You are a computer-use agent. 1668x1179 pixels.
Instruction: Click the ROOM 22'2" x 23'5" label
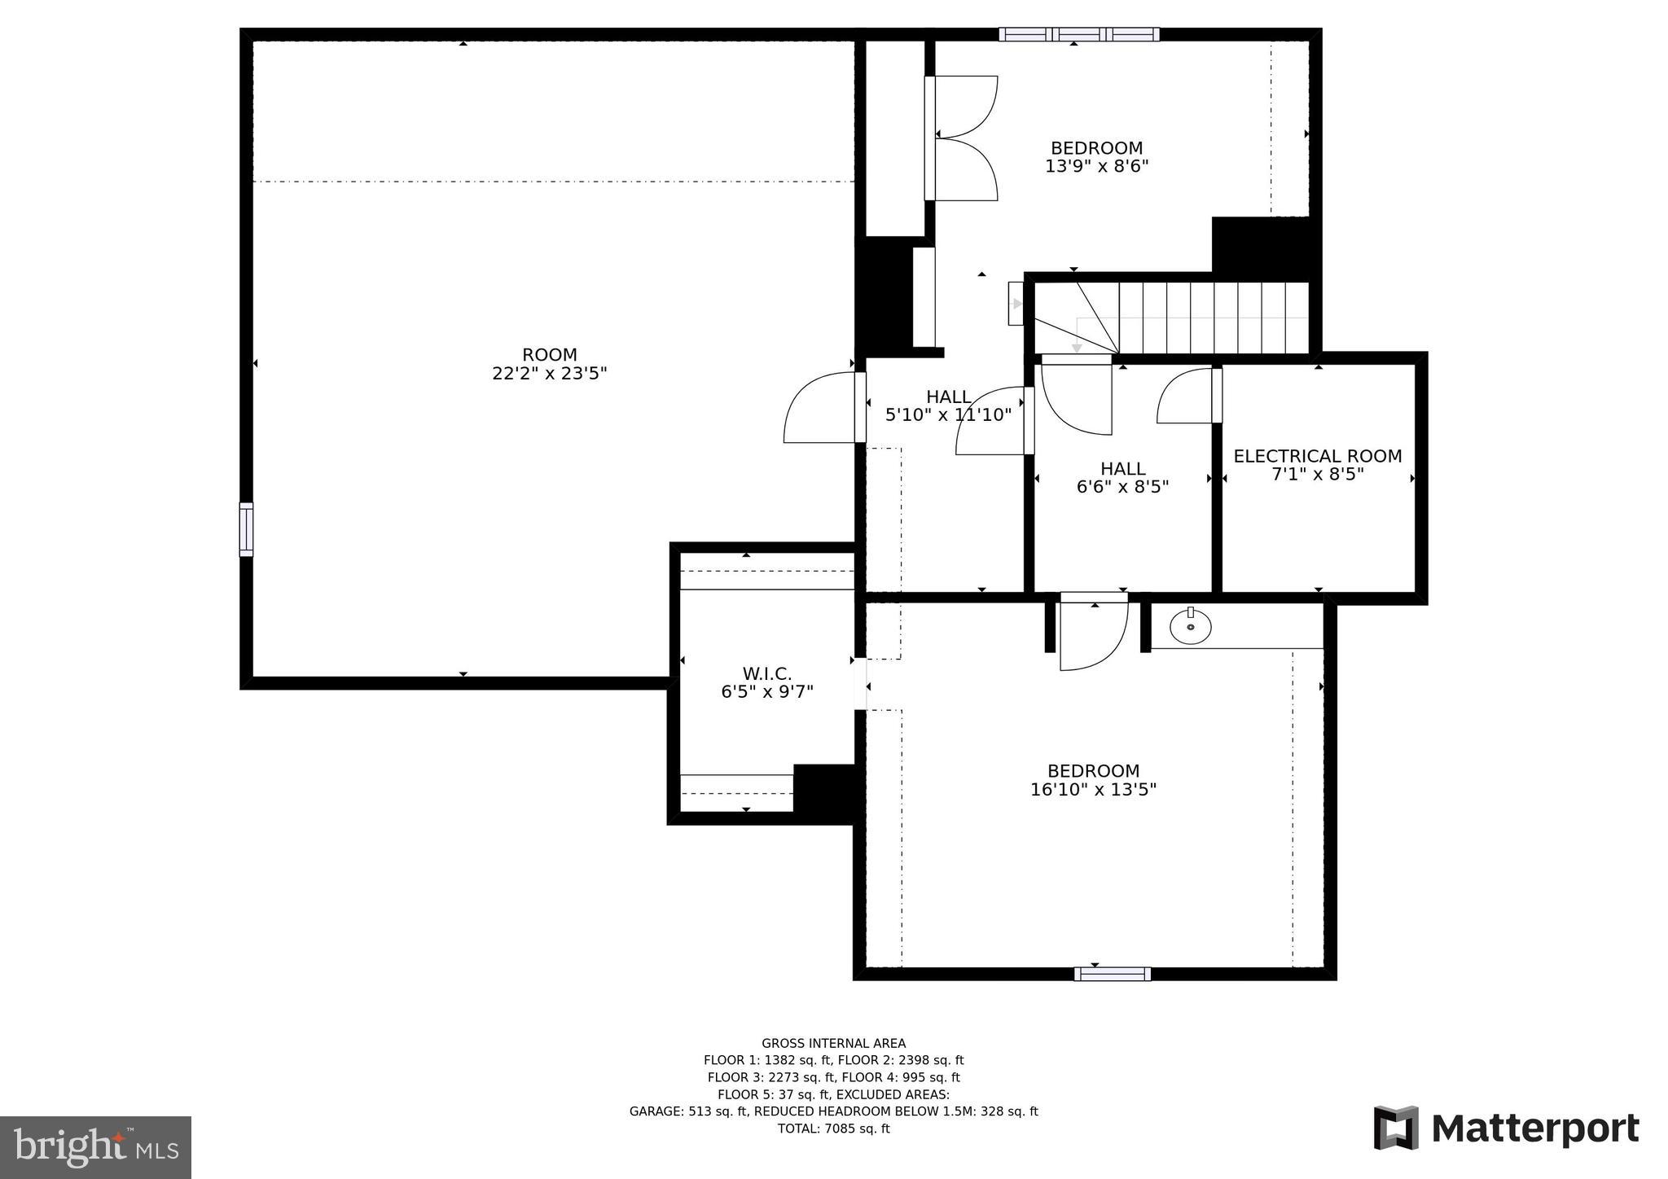coord(550,364)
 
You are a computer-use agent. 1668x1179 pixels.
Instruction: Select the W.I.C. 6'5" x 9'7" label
coord(766,683)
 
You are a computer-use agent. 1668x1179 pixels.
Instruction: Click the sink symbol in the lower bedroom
coord(1190,626)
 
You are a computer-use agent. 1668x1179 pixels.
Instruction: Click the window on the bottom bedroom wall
coord(1112,973)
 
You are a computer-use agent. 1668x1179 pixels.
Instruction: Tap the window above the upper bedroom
coord(1079,34)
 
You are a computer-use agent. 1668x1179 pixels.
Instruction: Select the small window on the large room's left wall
coord(246,529)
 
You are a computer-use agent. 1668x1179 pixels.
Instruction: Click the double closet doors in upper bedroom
coord(965,138)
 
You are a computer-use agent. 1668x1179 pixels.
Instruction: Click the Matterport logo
coord(1507,1128)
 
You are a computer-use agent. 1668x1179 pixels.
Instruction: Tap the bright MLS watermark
coord(96,1147)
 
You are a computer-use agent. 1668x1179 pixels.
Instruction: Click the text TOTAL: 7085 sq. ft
coord(833,1129)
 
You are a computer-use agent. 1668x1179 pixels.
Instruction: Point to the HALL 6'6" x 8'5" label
coord(1122,478)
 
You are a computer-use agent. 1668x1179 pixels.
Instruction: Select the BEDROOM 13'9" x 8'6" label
coord(1096,157)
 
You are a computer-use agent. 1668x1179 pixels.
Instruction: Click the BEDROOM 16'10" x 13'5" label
coord(1093,780)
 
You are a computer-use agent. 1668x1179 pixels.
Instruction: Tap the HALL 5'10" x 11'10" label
coord(948,405)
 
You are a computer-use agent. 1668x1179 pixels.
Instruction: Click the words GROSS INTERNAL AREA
coord(833,1043)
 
